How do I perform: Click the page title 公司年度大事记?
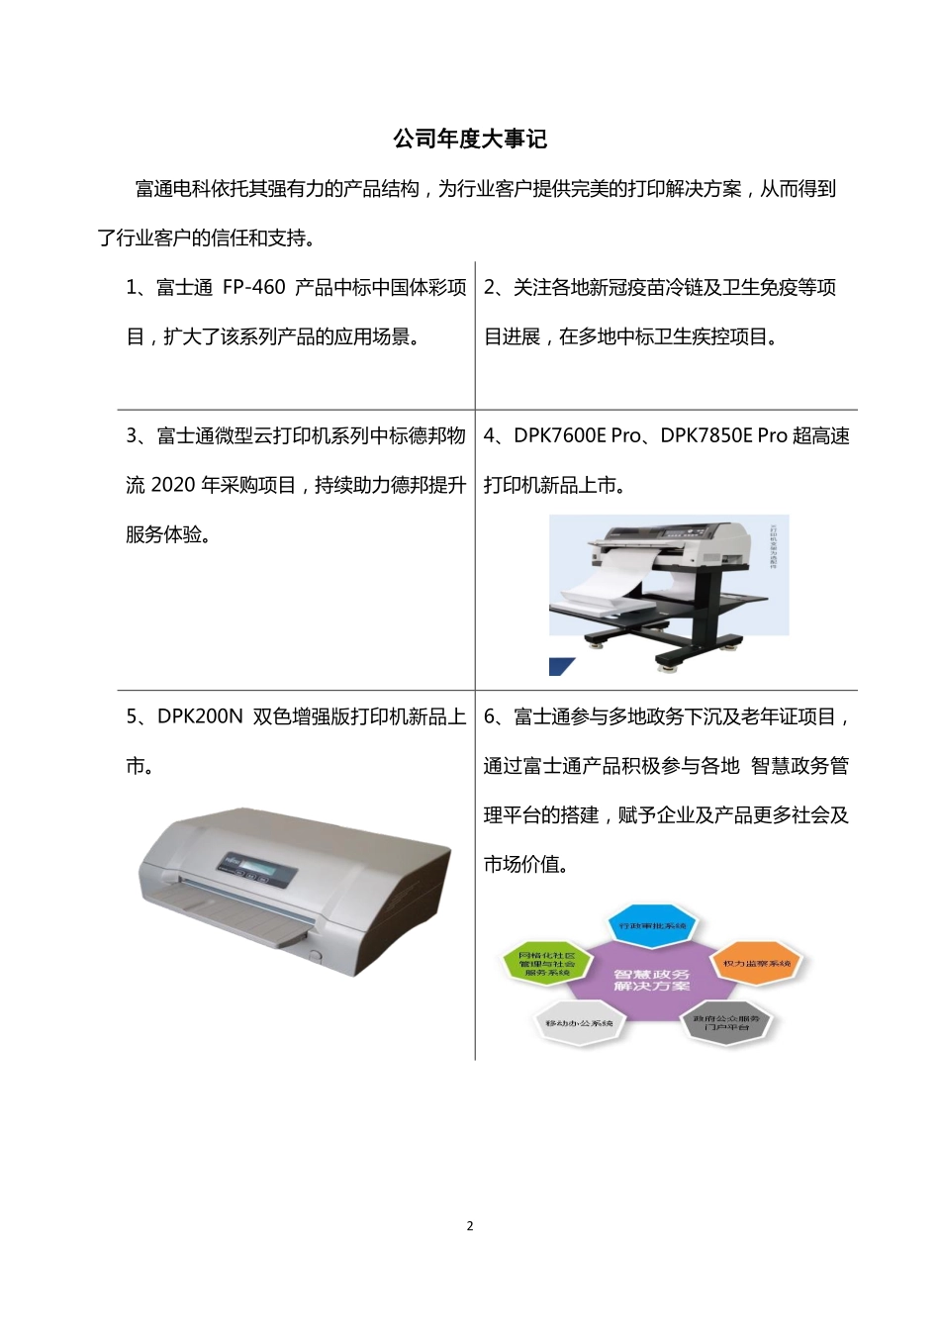click(470, 139)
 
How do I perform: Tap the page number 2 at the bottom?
click(470, 1226)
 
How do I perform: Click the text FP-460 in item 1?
click(253, 288)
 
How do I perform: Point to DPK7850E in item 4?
click(705, 436)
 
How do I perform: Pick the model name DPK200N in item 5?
click(199, 717)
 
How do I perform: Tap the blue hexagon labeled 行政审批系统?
click(652, 926)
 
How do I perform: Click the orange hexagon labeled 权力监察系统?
click(757, 963)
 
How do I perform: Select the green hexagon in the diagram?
click(546, 964)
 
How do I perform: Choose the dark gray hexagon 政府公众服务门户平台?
click(727, 1023)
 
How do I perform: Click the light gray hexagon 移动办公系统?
click(579, 1023)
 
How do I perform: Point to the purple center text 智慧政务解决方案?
click(651, 981)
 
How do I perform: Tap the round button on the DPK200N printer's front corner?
click(316, 956)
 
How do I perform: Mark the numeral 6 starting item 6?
click(490, 717)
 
